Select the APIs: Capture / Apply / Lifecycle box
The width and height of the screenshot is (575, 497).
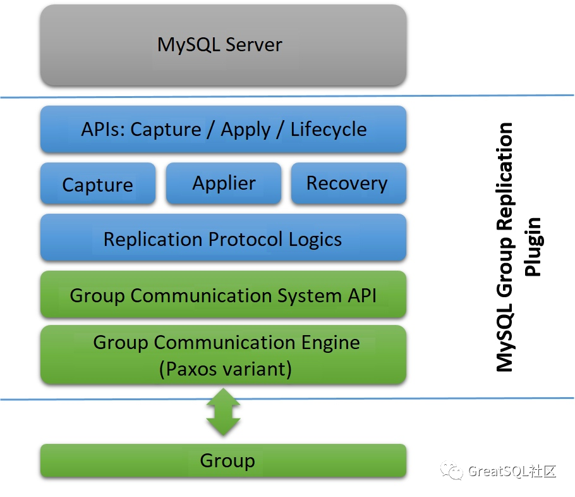222,130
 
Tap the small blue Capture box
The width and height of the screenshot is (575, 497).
97,184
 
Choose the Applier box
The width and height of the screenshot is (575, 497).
224,183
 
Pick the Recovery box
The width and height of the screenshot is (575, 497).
347,183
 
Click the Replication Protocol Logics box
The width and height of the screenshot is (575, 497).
222,239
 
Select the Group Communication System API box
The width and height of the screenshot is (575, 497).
222,295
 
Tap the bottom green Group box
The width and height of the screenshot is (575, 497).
222,461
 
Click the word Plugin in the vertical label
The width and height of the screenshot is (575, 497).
534,247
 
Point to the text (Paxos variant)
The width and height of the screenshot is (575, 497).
226,368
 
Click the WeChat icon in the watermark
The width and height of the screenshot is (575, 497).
454,470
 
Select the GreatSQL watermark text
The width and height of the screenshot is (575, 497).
512,471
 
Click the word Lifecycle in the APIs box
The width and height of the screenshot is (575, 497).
328,130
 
